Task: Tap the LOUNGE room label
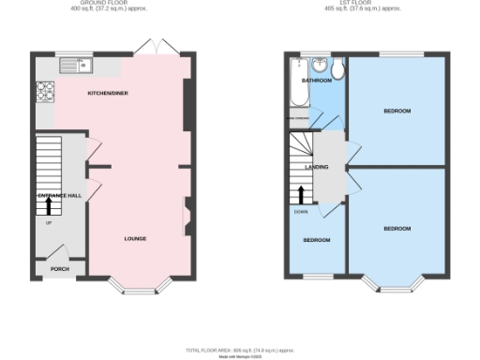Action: (x=135, y=238)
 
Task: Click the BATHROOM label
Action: (x=316, y=81)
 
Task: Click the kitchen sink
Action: (x=73, y=66)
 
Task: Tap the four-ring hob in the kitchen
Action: (x=44, y=91)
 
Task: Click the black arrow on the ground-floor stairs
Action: (x=50, y=202)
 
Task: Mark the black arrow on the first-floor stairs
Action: (x=301, y=194)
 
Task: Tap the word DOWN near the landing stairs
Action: (x=300, y=211)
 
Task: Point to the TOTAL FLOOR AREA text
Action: (x=239, y=349)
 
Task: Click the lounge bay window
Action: (x=135, y=287)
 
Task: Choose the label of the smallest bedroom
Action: (x=316, y=240)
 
